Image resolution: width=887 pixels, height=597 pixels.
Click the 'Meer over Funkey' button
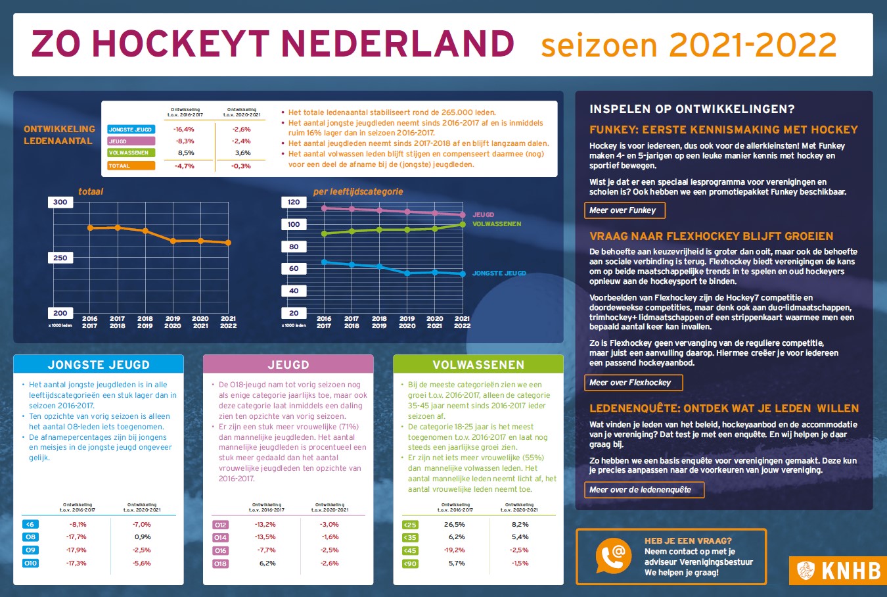point(624,210)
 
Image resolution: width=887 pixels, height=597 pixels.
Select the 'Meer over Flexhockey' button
point(632,383)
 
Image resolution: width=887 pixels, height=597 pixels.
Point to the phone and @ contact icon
point(613,556)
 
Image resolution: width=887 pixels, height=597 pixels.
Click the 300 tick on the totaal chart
point(60,203)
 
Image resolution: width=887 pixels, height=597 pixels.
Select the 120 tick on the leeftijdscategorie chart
point(294,203)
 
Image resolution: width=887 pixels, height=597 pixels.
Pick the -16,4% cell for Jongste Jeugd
point(184,130)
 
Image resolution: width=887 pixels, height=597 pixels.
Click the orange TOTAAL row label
point(131,166)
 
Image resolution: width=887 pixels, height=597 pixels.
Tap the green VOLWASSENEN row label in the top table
point(131,153)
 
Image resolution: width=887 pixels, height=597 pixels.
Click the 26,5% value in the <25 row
point(454,525)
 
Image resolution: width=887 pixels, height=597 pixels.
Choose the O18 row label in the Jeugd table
point(220,563)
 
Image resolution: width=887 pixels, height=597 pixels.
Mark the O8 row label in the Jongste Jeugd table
point(30,537)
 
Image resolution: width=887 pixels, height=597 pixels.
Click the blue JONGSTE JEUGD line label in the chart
point(499,273)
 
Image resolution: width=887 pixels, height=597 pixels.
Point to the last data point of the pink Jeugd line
point(463,215)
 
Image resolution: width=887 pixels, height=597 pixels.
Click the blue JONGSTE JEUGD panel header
point(99,365)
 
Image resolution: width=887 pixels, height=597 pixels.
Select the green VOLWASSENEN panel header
point(478,365)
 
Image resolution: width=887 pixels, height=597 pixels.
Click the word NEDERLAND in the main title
point(398,44)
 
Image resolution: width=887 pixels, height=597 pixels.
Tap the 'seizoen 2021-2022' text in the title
point(688,45)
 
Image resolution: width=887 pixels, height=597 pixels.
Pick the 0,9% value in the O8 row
point(142,537)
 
